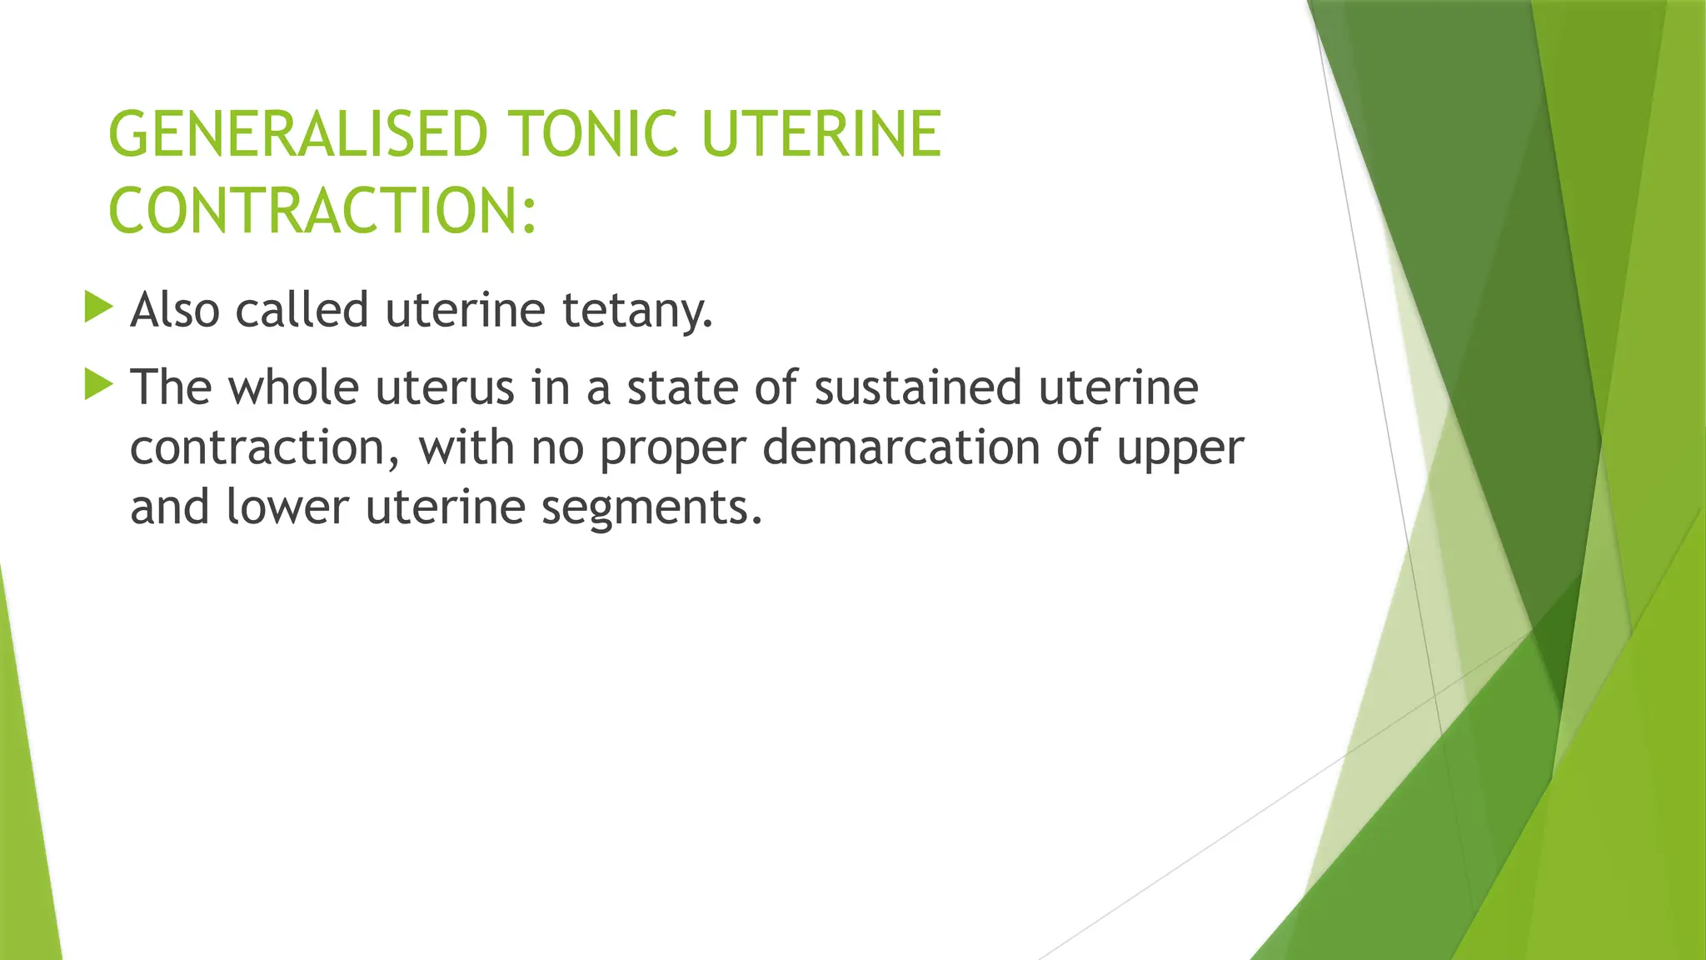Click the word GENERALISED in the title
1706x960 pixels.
pyautogui.click(x=297, y=134)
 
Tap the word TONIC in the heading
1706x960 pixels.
pyautogui.click(x=593, y=134)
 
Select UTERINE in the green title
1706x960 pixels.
pyautogui.click(x=821, y=134)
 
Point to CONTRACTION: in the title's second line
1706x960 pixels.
pyautogui.click(x=322, y=210)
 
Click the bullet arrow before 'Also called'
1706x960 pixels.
pyautogui.click(x=98, y=307)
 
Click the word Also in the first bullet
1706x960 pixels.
pyautogui.click(x=175, y=310)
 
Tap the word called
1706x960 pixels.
pyautogui.click(x=302, y=310)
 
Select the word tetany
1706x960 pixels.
pyautogui.click(x=637, y=312)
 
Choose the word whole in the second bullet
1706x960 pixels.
pyautogui.click(x=293, y=387)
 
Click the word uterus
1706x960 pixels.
pyautogui.click(x=445, y=388)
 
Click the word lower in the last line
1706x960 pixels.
pyautogui.click(x=287, y=507)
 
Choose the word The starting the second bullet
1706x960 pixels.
pyautogui.click(x=172, y=387)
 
